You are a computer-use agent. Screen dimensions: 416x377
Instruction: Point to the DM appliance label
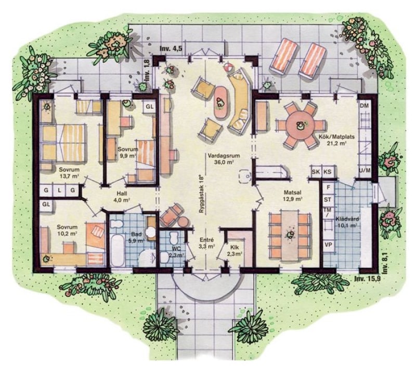[365, 106]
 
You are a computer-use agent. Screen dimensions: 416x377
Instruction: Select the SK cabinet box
[316, 172]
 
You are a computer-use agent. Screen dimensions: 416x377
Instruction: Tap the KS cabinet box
[328, 172]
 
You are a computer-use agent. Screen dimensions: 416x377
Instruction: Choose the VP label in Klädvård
[329, 245]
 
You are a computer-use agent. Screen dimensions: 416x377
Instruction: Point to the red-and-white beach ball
[228, 67]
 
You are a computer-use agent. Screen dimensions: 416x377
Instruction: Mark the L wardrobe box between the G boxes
[59, 190]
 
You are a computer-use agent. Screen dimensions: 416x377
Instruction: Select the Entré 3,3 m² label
[207, 243]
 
